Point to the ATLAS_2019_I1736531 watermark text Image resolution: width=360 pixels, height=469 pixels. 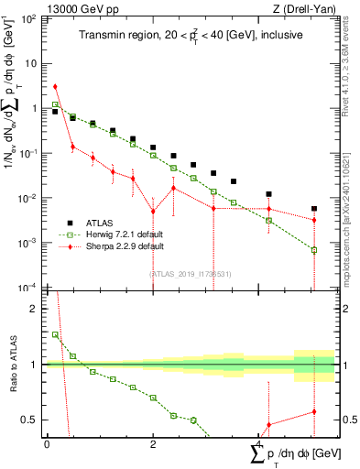point(190,274)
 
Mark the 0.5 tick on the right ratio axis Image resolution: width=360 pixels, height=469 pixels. point(348,420)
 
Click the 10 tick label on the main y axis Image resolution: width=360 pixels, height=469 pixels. point(30,63)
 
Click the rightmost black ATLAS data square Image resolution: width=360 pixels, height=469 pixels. point(313,209)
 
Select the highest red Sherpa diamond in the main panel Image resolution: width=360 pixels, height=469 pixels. point(55,87)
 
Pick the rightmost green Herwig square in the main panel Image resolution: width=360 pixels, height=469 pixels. point(313,250)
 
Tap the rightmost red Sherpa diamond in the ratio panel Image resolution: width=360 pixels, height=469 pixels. point(313,411)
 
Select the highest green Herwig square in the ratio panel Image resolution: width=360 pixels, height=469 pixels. point(55,335)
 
